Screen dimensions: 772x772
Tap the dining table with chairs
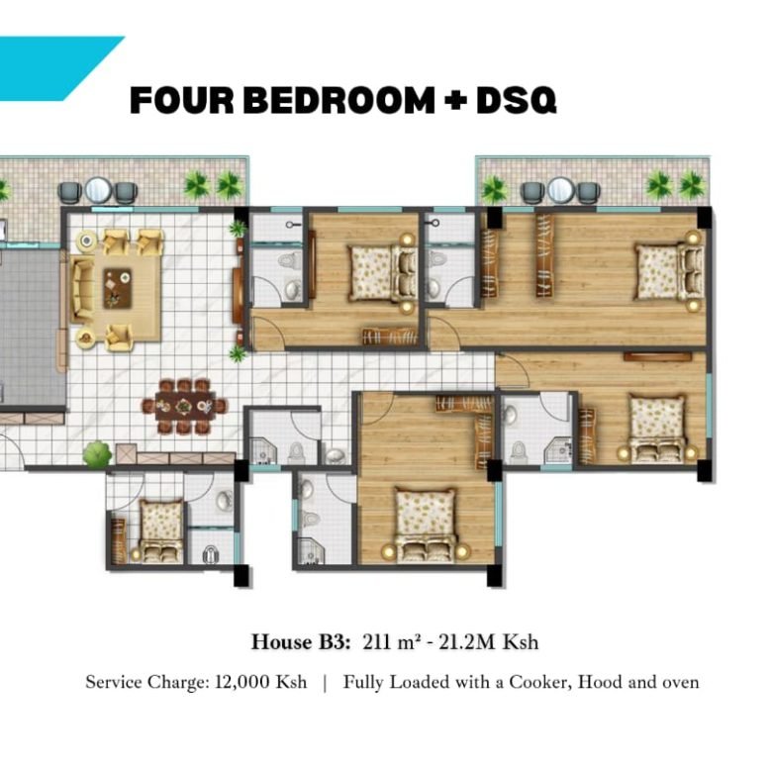click(185, 403)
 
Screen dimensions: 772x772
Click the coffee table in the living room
click(119, 288)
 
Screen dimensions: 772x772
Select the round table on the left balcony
click(97, 189)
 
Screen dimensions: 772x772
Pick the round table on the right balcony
click(560, 189)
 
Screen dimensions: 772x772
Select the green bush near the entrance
click(97, 454)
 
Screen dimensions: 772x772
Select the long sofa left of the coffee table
click(80, 288)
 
